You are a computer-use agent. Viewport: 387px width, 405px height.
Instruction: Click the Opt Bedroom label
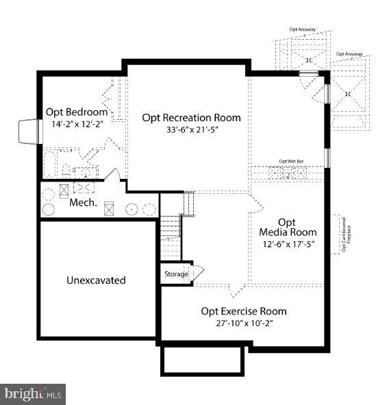(77, 112)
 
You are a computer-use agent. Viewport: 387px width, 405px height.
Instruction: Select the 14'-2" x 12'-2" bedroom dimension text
(77, 125)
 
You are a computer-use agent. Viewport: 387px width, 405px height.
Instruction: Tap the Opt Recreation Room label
(191, 118)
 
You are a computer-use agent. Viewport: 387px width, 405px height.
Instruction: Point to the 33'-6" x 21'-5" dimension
(192, 130)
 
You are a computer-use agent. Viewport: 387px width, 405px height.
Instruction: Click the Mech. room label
(83, 204)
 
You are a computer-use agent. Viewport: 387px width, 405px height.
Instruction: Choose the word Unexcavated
(96, 280)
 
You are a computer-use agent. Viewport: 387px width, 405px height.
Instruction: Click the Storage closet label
(175, 275)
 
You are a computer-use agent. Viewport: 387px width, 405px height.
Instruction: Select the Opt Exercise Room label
(243, 312)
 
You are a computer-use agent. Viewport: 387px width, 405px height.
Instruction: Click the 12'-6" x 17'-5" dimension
(288, 244)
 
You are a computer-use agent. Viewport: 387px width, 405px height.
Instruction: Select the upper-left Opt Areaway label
(302, 29)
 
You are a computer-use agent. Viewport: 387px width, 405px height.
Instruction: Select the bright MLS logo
(33, 394)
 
